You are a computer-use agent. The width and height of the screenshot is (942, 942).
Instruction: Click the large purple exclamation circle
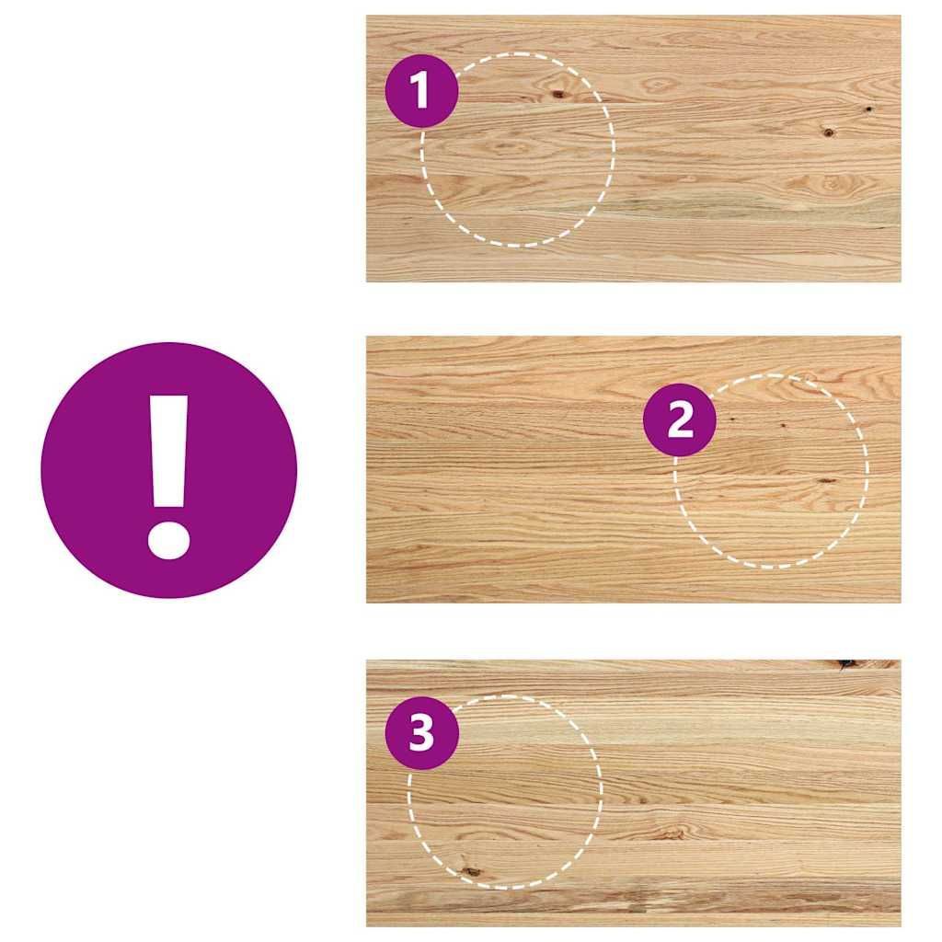point(169,470)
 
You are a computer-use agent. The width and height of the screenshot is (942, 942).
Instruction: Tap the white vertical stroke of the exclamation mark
point(169,451)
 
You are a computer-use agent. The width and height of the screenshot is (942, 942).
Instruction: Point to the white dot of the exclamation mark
point(169,540)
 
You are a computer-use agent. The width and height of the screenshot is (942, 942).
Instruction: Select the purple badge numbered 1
point(421,91)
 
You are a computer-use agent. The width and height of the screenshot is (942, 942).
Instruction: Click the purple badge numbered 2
point(680,419)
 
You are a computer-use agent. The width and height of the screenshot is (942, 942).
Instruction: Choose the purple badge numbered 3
point(421,733)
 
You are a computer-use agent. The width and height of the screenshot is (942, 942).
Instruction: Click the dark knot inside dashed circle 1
point(558,94)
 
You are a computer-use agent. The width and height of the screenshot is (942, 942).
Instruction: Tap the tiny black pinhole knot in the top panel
point(868,109)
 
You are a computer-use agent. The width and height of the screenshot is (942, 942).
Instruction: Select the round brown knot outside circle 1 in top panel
point(828,132)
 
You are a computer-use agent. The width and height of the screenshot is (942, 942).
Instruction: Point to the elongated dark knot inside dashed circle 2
point(826,480)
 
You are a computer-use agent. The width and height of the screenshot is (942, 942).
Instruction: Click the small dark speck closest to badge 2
point(732,418)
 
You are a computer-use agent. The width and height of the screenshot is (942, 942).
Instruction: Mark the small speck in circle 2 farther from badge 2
point(783,425)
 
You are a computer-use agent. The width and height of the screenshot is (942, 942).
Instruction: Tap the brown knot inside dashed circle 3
point(470,870)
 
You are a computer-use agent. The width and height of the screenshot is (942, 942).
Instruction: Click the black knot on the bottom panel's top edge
point(845,664)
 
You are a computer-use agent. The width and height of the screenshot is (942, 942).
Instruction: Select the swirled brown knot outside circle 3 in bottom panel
point(671,833)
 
